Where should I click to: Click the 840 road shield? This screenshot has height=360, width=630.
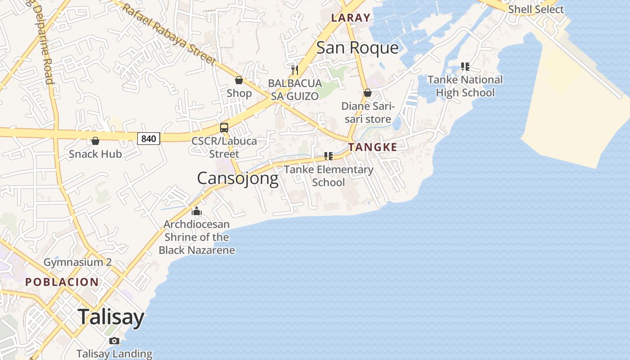[148, 139]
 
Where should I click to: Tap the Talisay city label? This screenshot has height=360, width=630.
[111, 317]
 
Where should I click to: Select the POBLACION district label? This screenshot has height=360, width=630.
[62, 282]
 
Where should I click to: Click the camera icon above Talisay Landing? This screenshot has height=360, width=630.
[114, 341]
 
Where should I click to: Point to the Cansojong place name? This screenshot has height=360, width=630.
[238, 179]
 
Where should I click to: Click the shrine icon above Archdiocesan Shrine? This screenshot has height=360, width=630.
[197, 211]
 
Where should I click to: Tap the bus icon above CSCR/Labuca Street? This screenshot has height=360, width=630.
[224, 128]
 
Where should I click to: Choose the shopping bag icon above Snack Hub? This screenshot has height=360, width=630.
[95, 141]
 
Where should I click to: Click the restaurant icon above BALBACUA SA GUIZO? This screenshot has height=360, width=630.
[295, 70]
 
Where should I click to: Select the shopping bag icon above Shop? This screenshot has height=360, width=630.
[239, 80]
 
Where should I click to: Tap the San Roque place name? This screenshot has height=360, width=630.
[357, 48]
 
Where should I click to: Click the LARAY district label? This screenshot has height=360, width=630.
[351, 18]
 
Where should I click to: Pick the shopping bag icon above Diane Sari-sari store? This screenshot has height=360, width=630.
[368, 93]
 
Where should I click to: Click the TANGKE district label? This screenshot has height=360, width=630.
[373, 147]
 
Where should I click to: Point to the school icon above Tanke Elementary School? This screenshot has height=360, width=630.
[328, 156]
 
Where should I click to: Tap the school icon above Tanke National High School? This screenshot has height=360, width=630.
[465, 67]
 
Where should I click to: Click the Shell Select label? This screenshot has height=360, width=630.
[535, 9]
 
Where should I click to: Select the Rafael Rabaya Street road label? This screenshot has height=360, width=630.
[169, 34]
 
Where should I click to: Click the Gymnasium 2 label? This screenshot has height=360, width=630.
[77, 262]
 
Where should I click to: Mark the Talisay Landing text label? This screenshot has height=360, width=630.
[114, 354]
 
